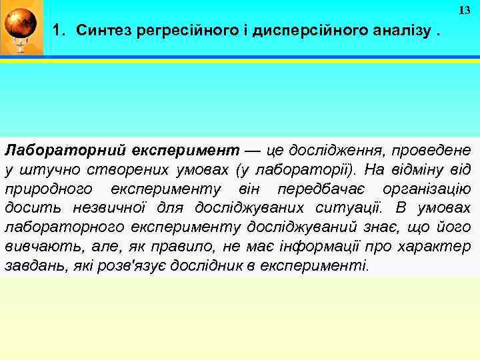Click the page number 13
[x=464, y=10]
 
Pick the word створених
[x=110, y=168]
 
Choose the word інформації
[x=319, y=246]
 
